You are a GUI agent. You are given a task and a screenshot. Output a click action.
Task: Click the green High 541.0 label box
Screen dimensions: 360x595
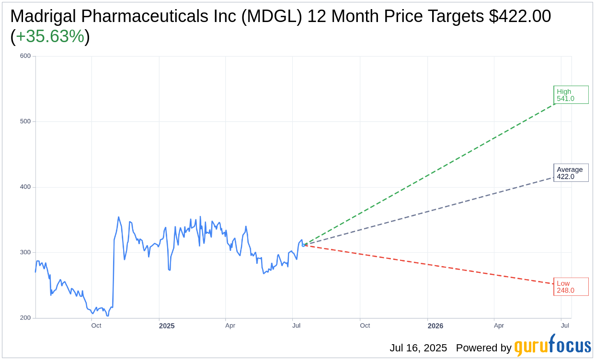click(x=571, y=95)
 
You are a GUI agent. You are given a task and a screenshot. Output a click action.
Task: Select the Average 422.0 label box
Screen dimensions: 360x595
click(x=571, y=173)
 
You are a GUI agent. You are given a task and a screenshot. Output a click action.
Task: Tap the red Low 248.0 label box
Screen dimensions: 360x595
click(x=571, y=287)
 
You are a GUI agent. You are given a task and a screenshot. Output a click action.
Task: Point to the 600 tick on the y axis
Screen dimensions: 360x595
click(x=25, y=56)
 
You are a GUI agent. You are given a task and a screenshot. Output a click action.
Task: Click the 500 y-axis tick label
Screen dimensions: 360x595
click(x=25, y=122)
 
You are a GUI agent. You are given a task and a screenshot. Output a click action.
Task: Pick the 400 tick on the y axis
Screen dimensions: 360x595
click(x=25, y=187)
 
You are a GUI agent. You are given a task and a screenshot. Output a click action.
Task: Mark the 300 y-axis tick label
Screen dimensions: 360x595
click(x=25, y=253)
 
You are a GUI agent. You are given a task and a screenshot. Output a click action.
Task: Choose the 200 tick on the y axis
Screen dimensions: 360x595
click(x=25, y=318)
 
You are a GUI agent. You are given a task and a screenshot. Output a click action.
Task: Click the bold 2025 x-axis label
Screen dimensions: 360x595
click(x=167, y=326)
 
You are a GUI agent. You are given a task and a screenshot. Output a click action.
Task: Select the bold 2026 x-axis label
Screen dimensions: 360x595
click(x=435, y=326)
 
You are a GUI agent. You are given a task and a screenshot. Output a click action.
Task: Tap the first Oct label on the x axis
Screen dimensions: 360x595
click(x=96, y=326)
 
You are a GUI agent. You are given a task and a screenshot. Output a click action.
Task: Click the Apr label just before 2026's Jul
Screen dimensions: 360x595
click(x=499, y=326)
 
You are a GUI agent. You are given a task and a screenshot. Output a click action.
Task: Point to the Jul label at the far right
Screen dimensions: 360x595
click(x=565, y=326)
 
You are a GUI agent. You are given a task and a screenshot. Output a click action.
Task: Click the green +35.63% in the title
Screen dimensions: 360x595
click(x=50, y=36)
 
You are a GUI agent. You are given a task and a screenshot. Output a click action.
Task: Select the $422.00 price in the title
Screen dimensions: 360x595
click(x=520, y=16)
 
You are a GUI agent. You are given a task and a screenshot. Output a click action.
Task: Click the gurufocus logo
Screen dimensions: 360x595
click(x=552, y=346)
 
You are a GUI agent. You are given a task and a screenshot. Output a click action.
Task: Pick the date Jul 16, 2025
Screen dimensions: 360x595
click(x=418, y=348)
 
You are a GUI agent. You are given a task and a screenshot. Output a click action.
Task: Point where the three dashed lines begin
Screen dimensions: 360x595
click(x=304, y=245)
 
